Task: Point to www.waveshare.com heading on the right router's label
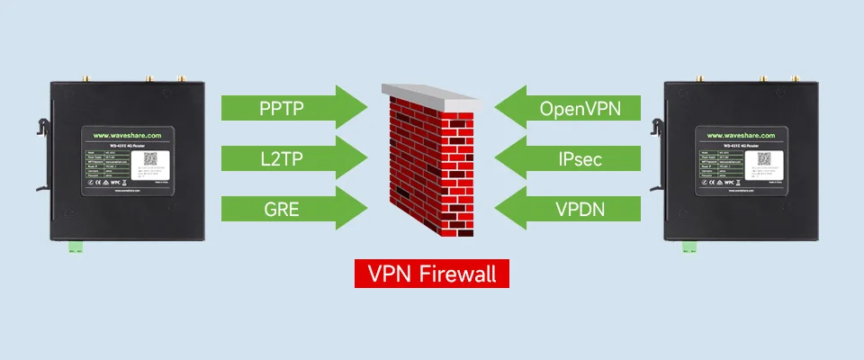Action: coord(732,135)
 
